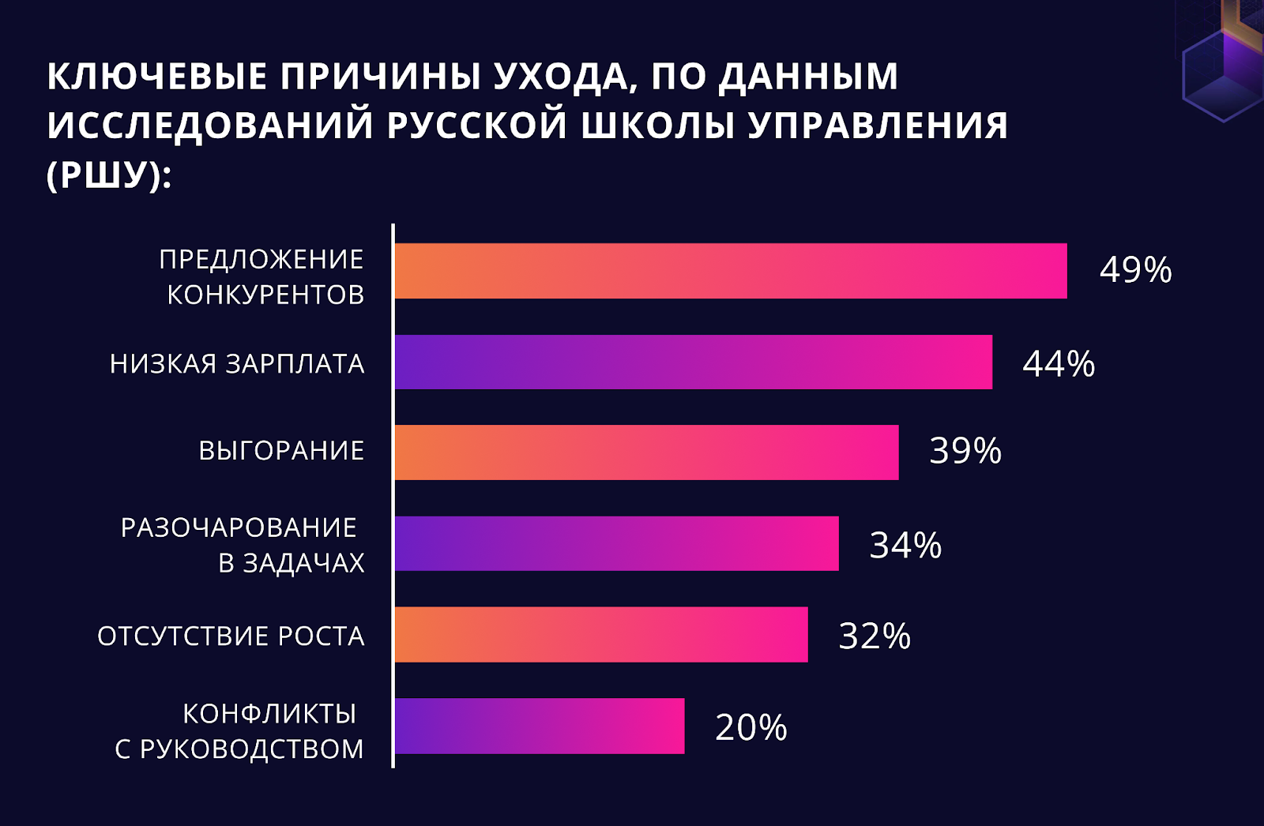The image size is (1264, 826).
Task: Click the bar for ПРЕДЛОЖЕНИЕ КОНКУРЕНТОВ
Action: click(x=731, y=271)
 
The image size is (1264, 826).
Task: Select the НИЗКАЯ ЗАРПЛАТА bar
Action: click(x=694, y=362)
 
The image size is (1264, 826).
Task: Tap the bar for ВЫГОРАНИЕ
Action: click(x=646, y=452)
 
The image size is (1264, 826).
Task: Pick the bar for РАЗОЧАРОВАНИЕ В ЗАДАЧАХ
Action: click(x=616, y=543)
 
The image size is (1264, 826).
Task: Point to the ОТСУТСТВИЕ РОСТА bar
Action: click(x=601, y=634)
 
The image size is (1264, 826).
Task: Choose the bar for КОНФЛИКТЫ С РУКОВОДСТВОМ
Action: click(x=540, y=726)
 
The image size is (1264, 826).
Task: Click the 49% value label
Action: click(x=1135, y=270)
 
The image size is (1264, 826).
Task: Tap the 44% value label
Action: click(x=1059, y=363)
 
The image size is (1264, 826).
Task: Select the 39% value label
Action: click(x=965, y=451)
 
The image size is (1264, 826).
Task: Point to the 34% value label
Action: click(x=905, y=545)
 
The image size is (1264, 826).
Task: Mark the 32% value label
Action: click(x=875, y=636)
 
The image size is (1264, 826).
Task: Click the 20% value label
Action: click(x=750, y=727)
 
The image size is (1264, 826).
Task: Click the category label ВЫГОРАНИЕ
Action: click(x=281, y=450)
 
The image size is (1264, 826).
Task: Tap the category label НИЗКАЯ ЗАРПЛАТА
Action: click(x=237, y=363)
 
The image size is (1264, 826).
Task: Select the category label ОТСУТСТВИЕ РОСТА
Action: click(x=231, y=636)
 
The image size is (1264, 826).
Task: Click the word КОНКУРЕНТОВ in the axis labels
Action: click(x=265, y=295)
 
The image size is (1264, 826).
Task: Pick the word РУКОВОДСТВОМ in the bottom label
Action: click(x=251, y=749)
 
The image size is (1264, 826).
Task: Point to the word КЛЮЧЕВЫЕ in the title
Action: click(x=157, y=77)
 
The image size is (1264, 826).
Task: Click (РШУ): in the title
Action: click(x=109, y=175)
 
